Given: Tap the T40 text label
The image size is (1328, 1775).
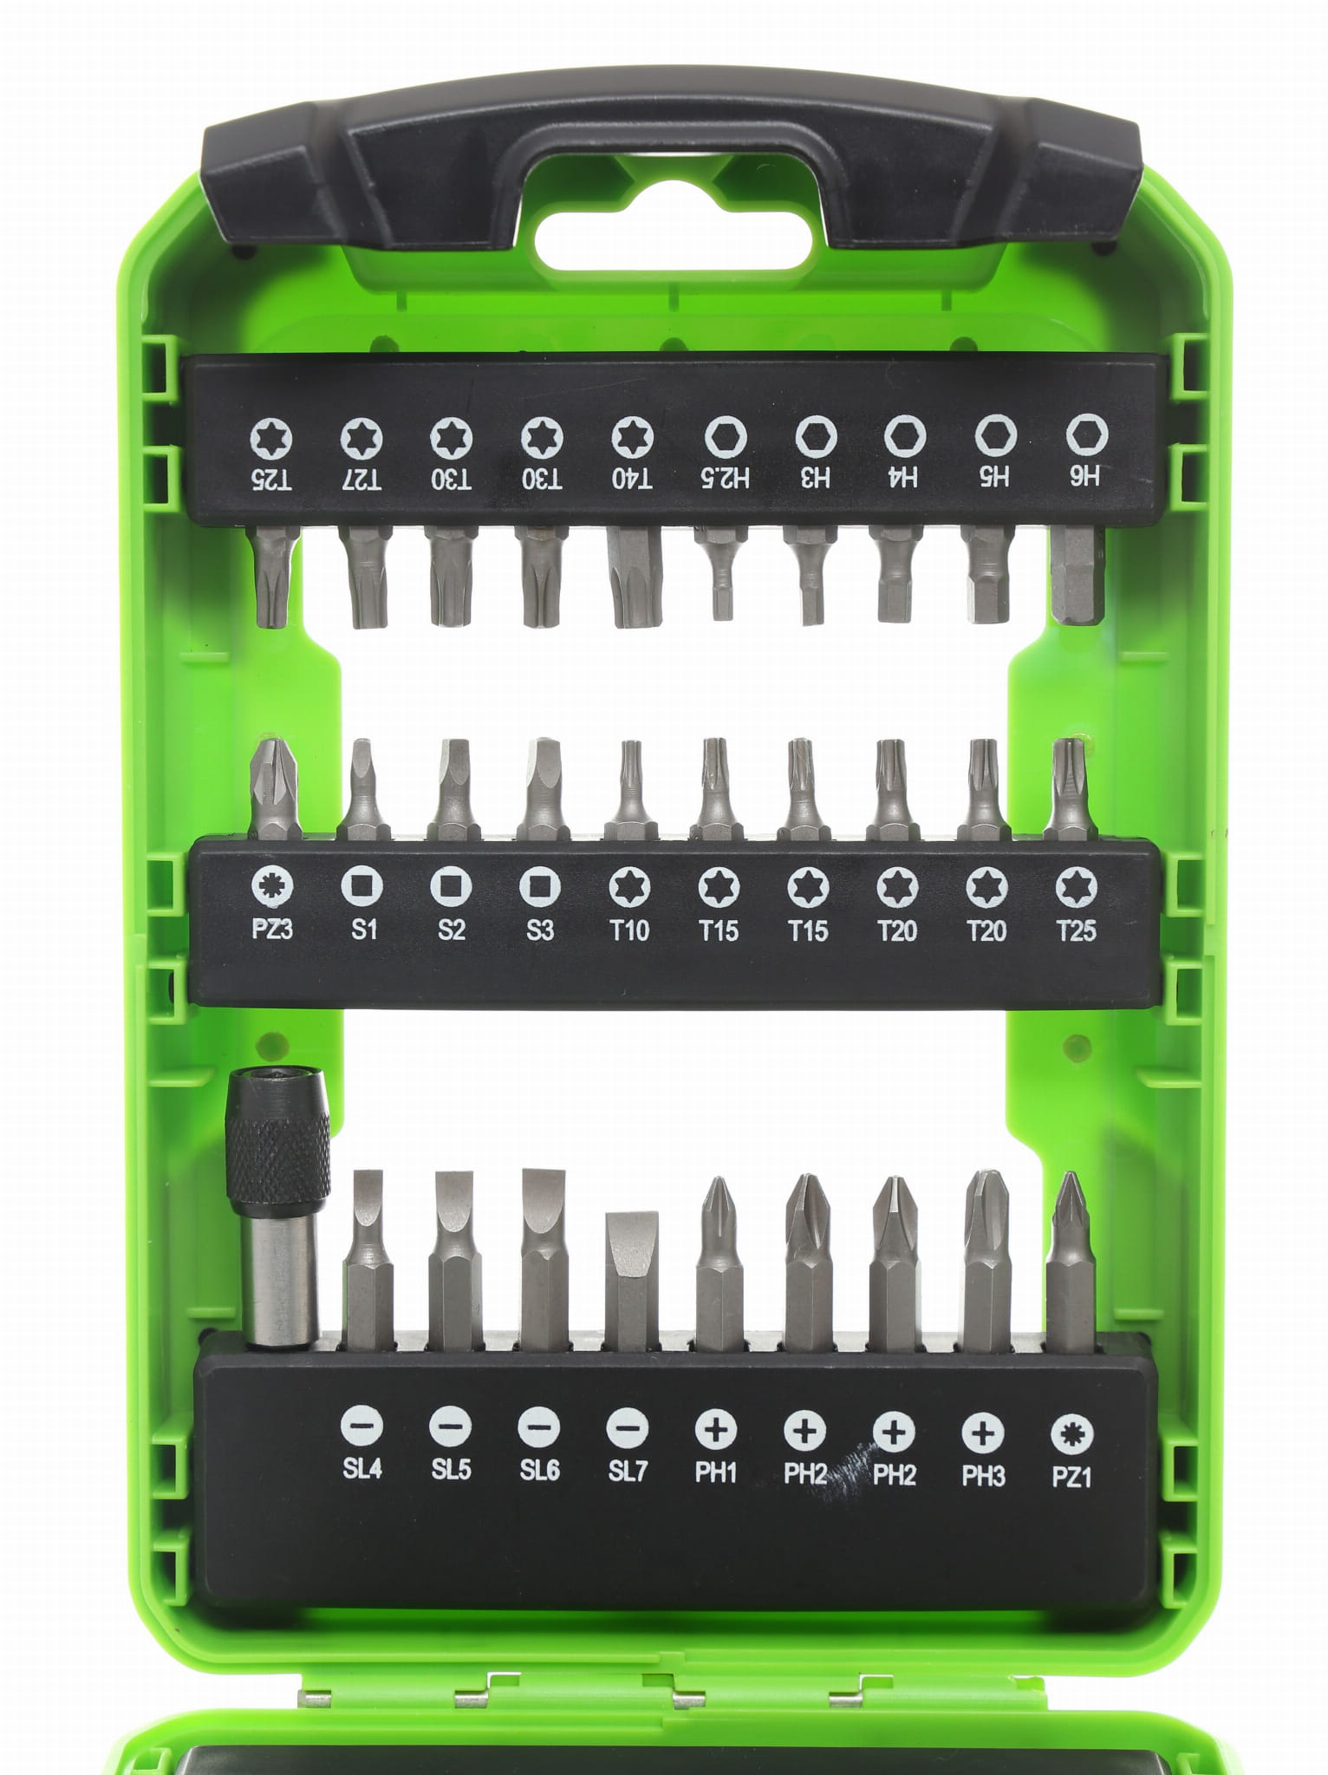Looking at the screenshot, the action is [632, 479].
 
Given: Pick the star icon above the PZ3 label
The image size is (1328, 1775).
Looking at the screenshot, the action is [273, 886].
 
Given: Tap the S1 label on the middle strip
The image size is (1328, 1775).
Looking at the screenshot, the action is [364, 930].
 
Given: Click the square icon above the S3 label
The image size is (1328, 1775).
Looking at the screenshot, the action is [540, 886].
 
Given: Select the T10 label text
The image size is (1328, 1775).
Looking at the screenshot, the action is [629, 930].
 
